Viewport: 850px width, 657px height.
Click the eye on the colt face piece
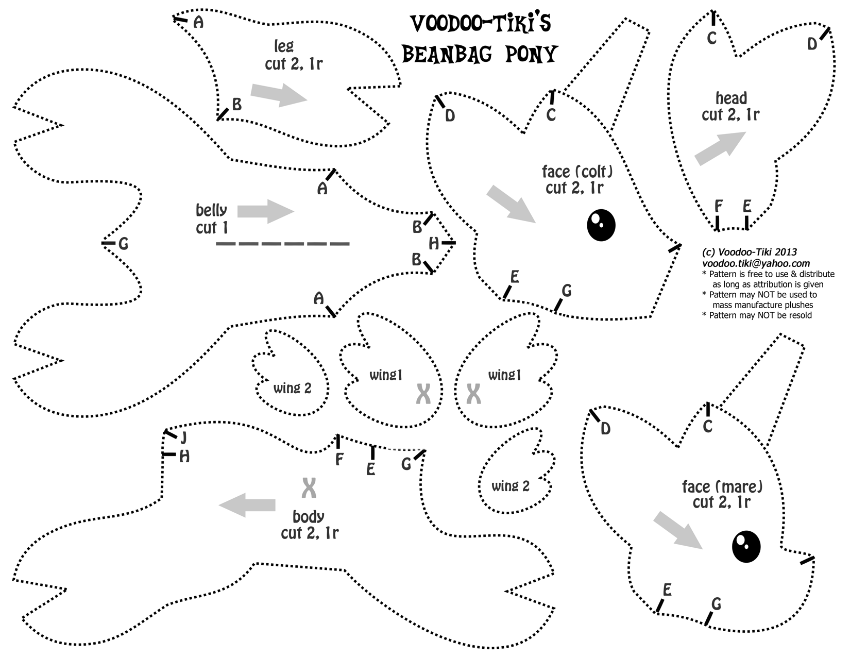pos(601,225)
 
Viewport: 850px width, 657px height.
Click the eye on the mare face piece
pos(746,546)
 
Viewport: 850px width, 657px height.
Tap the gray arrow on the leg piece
pos(279,94)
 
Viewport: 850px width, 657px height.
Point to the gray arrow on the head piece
pos(720,148)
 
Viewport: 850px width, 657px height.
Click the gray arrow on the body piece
pos(247,505)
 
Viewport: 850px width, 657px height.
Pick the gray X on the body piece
pos(309,487)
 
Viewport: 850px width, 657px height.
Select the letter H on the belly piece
pos(434,243)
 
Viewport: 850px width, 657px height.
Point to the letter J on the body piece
pos(183,438)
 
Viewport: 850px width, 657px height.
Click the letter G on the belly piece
pos(123,244)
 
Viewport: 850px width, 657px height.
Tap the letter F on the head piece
pos(719,207)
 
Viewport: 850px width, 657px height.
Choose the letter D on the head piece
pos(812,45)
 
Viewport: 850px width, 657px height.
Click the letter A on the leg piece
pos(198,22)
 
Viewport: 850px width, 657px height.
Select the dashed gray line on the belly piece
pos(282,243)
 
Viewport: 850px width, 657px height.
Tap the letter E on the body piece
pos(371,469)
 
